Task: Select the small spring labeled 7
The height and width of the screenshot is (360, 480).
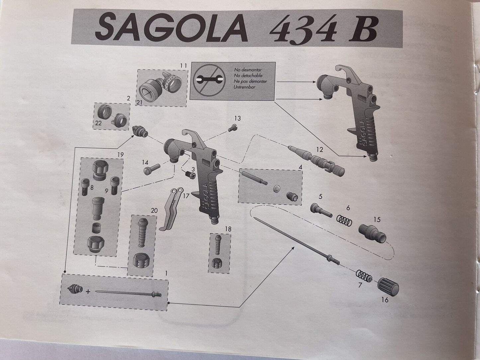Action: click(x=363, y=276)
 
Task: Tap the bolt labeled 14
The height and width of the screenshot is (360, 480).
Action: click(x=151, y=171)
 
